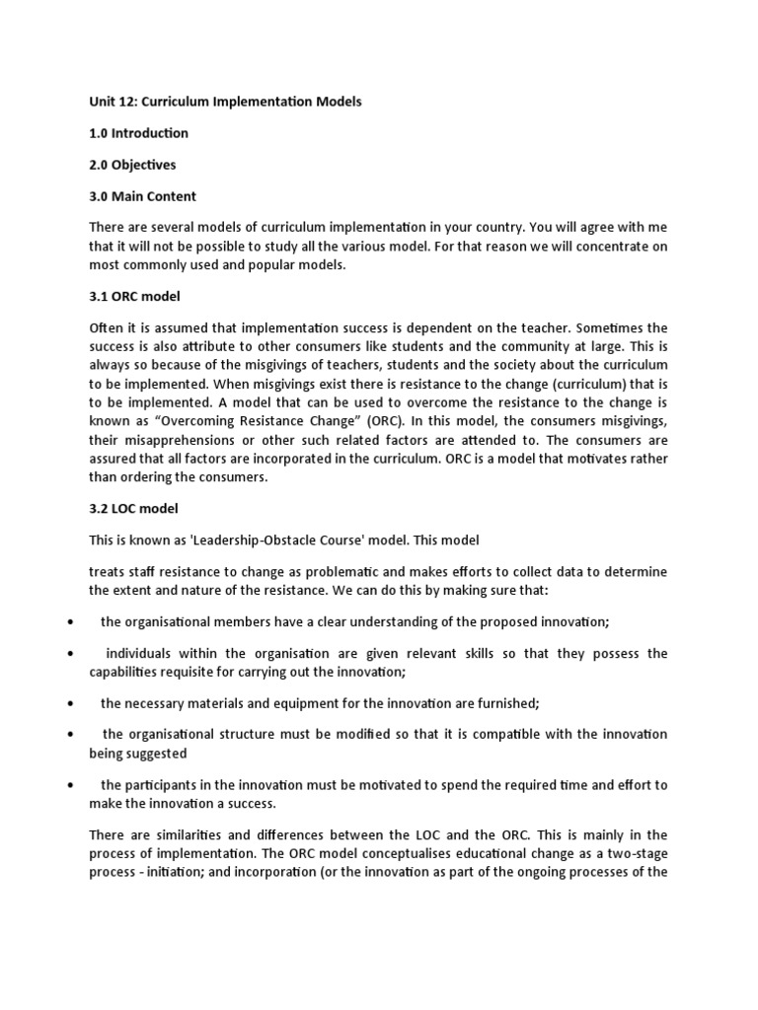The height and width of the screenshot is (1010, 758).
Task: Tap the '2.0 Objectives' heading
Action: pyautogui.click(x=132, y=165)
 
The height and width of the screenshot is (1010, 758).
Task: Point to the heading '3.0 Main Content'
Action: pyautogui.click(x=142, y=196)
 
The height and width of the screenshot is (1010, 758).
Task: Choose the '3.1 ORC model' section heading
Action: pyautogui.click(x=134, y=296)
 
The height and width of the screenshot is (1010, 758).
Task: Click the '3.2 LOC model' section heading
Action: pyautogui.click(x=133, y=509)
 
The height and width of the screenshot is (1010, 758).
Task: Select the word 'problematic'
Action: pyautogui.click(x=369, y=572)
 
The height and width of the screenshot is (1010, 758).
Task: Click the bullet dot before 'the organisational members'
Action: pyautogui.click(x=71, y=621)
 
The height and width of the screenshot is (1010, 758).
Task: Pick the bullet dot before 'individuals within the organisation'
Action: pyautogui.click(x=71, y=654)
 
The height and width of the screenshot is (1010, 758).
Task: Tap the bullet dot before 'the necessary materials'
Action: pyautogui.click(x=71, y=703)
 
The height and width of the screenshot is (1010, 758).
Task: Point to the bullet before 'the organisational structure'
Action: pyautogui.click(x=71, y=735)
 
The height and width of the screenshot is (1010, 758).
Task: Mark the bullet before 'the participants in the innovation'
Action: pyautogui.click(x=71, y=785)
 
